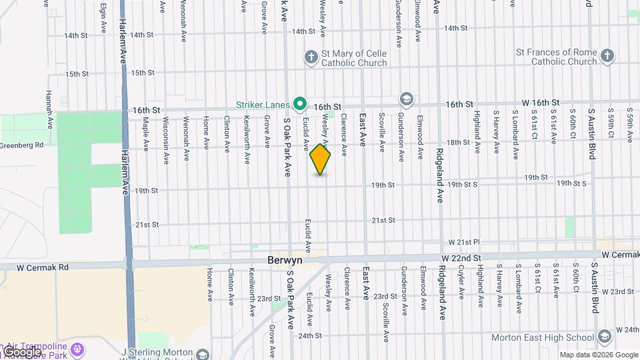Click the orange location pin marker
[x=321, y=159]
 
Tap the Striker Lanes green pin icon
[x=300, y=104]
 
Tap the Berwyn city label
[x=285, y=261]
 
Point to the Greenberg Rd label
[x=21, y=145]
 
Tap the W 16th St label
[x=541, y=102]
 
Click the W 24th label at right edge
[x=627, y=329]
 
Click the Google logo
[x=22, y=351]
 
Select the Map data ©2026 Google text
[x=598, y=355]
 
